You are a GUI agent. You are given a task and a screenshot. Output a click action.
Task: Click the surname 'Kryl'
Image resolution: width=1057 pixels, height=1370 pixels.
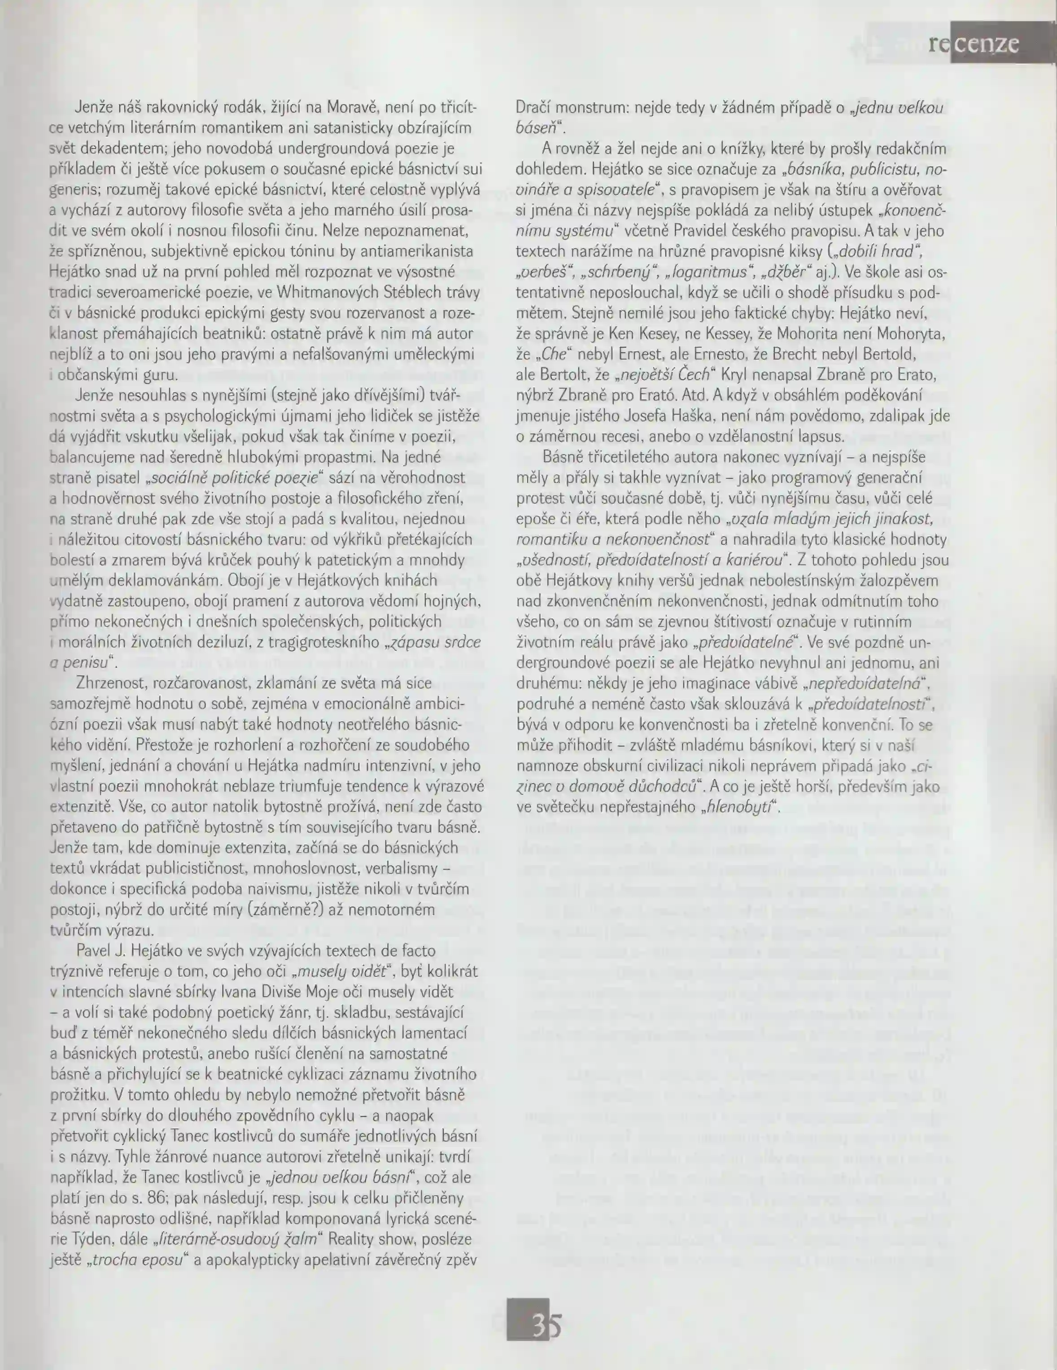coord(735,375)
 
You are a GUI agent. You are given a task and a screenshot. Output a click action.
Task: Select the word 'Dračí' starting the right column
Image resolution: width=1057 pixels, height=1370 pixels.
coord(533,108)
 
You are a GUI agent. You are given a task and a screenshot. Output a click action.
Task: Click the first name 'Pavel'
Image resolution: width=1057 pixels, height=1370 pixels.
coord(95,951)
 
